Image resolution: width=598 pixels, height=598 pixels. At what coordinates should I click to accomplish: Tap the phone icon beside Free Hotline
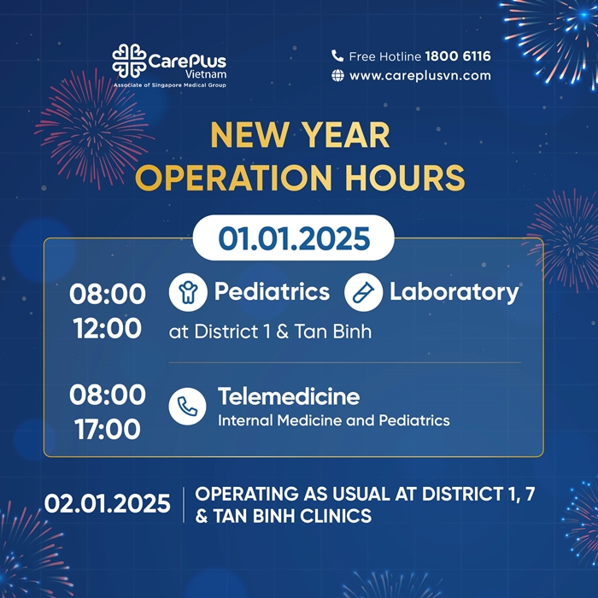(337, 56)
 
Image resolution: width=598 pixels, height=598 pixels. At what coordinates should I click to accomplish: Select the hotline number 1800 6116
(458, 56)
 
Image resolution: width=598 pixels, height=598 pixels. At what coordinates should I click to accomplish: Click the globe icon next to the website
(337, 75)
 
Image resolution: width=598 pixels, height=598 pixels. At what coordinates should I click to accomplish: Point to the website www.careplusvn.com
(419, 75)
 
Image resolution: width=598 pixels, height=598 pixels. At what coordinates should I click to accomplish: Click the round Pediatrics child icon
(187, 293)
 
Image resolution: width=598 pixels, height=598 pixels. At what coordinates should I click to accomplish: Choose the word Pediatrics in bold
(272, 292)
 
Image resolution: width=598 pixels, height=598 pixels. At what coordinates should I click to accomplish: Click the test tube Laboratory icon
(363, 293)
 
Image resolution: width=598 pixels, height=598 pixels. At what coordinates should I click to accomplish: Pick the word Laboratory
(454, 292)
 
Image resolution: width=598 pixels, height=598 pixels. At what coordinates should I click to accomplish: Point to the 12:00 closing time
(108, 327)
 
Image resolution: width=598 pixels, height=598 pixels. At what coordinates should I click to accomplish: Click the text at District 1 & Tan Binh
(270, 331)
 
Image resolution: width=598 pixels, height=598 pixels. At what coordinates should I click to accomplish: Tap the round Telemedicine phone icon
(187, 407)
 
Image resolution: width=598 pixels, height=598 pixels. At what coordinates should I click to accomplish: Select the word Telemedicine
(288, 396)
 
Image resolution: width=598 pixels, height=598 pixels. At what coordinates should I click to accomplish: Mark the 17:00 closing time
(108, 429)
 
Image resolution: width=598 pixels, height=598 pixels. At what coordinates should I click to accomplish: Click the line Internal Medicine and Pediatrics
(333, 420)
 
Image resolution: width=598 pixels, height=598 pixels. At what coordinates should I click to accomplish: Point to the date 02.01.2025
(108, 503)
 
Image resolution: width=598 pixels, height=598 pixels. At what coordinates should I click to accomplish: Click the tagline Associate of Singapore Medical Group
(169, 85)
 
